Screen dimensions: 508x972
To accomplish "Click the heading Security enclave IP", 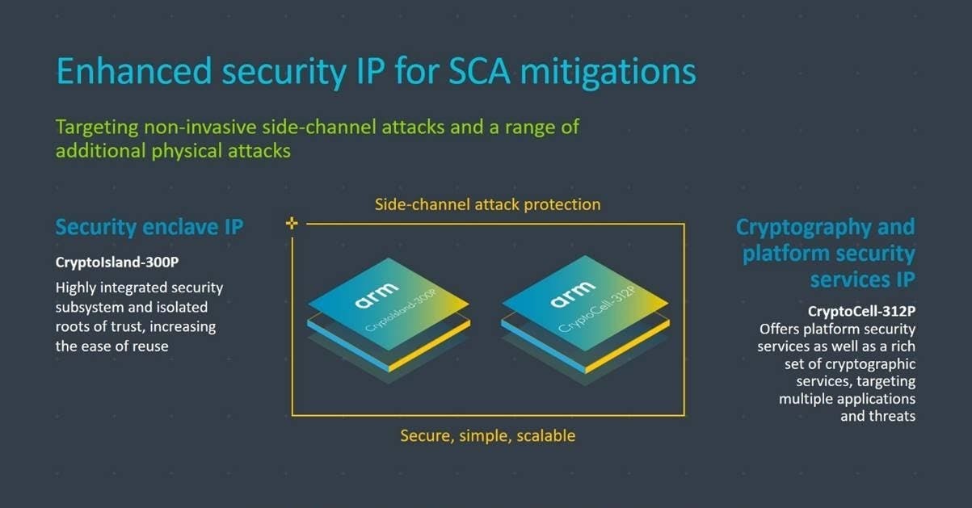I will click(x=149, y=228).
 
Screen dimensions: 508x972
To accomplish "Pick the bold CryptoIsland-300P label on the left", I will click(x=117, y=262).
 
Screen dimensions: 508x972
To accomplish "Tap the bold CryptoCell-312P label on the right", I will click(x=861, y=311).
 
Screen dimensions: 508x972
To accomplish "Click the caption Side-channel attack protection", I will click(x=487, y=204).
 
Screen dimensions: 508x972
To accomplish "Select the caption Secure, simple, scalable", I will click(x=487, y=435).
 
